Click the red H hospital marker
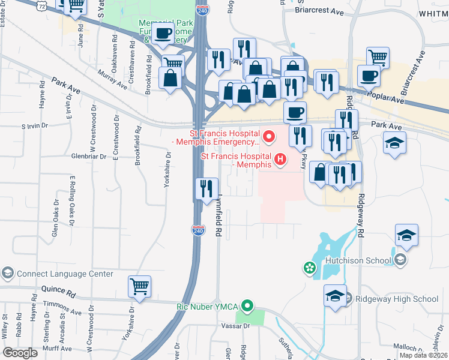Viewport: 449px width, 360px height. (x=280, y=159)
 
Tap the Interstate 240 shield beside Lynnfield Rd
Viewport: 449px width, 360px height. (x=198, y=230)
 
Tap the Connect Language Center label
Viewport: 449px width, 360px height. (x=65, y=274)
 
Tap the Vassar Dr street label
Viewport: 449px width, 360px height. (x=238, y=326)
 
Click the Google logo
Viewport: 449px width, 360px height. (x=20, y=353)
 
